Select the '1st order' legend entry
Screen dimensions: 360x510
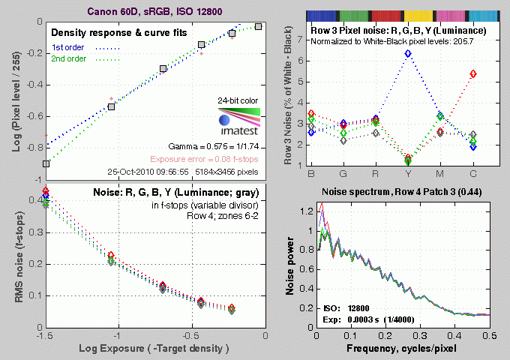pyautogui.click(x=68, y=48)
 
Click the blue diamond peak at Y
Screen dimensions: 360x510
pyautogui.click(x=408, y=54)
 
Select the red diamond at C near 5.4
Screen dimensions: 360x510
pyautogui.click(x=472, y=73)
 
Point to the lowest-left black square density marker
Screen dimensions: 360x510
pyautogui.click(x=46, y=163)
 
